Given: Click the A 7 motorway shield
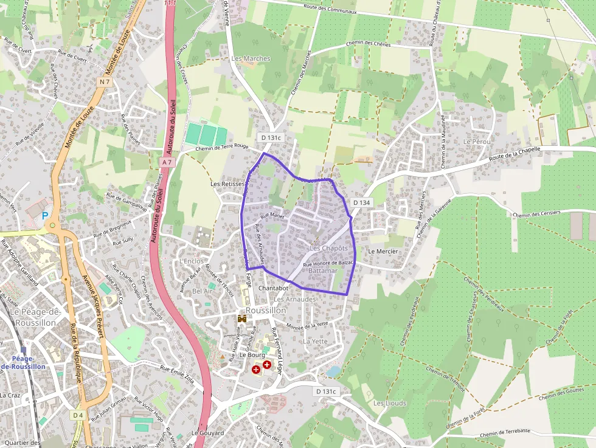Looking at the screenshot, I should click(168, 162).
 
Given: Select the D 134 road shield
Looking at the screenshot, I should click(361, 202).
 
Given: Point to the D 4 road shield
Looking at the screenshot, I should click(77, 415).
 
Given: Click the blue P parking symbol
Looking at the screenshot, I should click(45, 216).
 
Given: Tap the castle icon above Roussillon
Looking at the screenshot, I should click(242, 319).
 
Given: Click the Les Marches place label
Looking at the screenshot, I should click(251, 58).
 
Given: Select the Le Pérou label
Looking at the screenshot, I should click(476, 142).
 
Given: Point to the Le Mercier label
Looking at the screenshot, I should click(383, 251).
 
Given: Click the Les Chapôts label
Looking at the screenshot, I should click(328, 248).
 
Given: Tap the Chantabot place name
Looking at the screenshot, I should click(273, 288).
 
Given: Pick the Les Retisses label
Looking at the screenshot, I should click(227, 184).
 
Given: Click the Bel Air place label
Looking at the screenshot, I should click(203, 291).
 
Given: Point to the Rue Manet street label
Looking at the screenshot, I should click(272, 215).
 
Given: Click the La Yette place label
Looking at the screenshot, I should click(315, 342).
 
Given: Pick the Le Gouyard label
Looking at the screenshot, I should click(208, 433).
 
